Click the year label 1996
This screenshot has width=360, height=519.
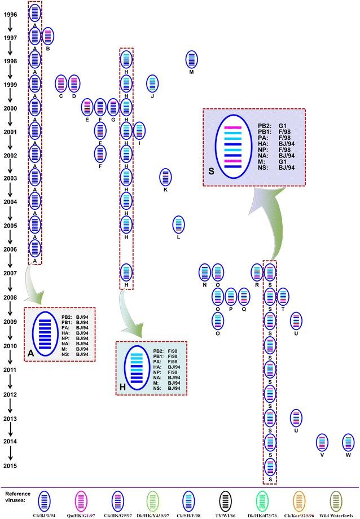click(11, 15)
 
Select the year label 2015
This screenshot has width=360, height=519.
click(11, 465)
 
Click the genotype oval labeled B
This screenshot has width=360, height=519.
click(48, 36)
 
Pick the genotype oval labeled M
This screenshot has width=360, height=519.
click(192, 59)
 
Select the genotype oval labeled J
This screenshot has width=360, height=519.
click(152, 83)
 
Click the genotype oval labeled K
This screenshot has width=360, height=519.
click(165, 177)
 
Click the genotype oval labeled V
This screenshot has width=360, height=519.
click(322, 442)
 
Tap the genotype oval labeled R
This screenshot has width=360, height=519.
click(257, 272)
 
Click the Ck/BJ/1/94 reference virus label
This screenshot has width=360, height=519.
click(43, 515)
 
